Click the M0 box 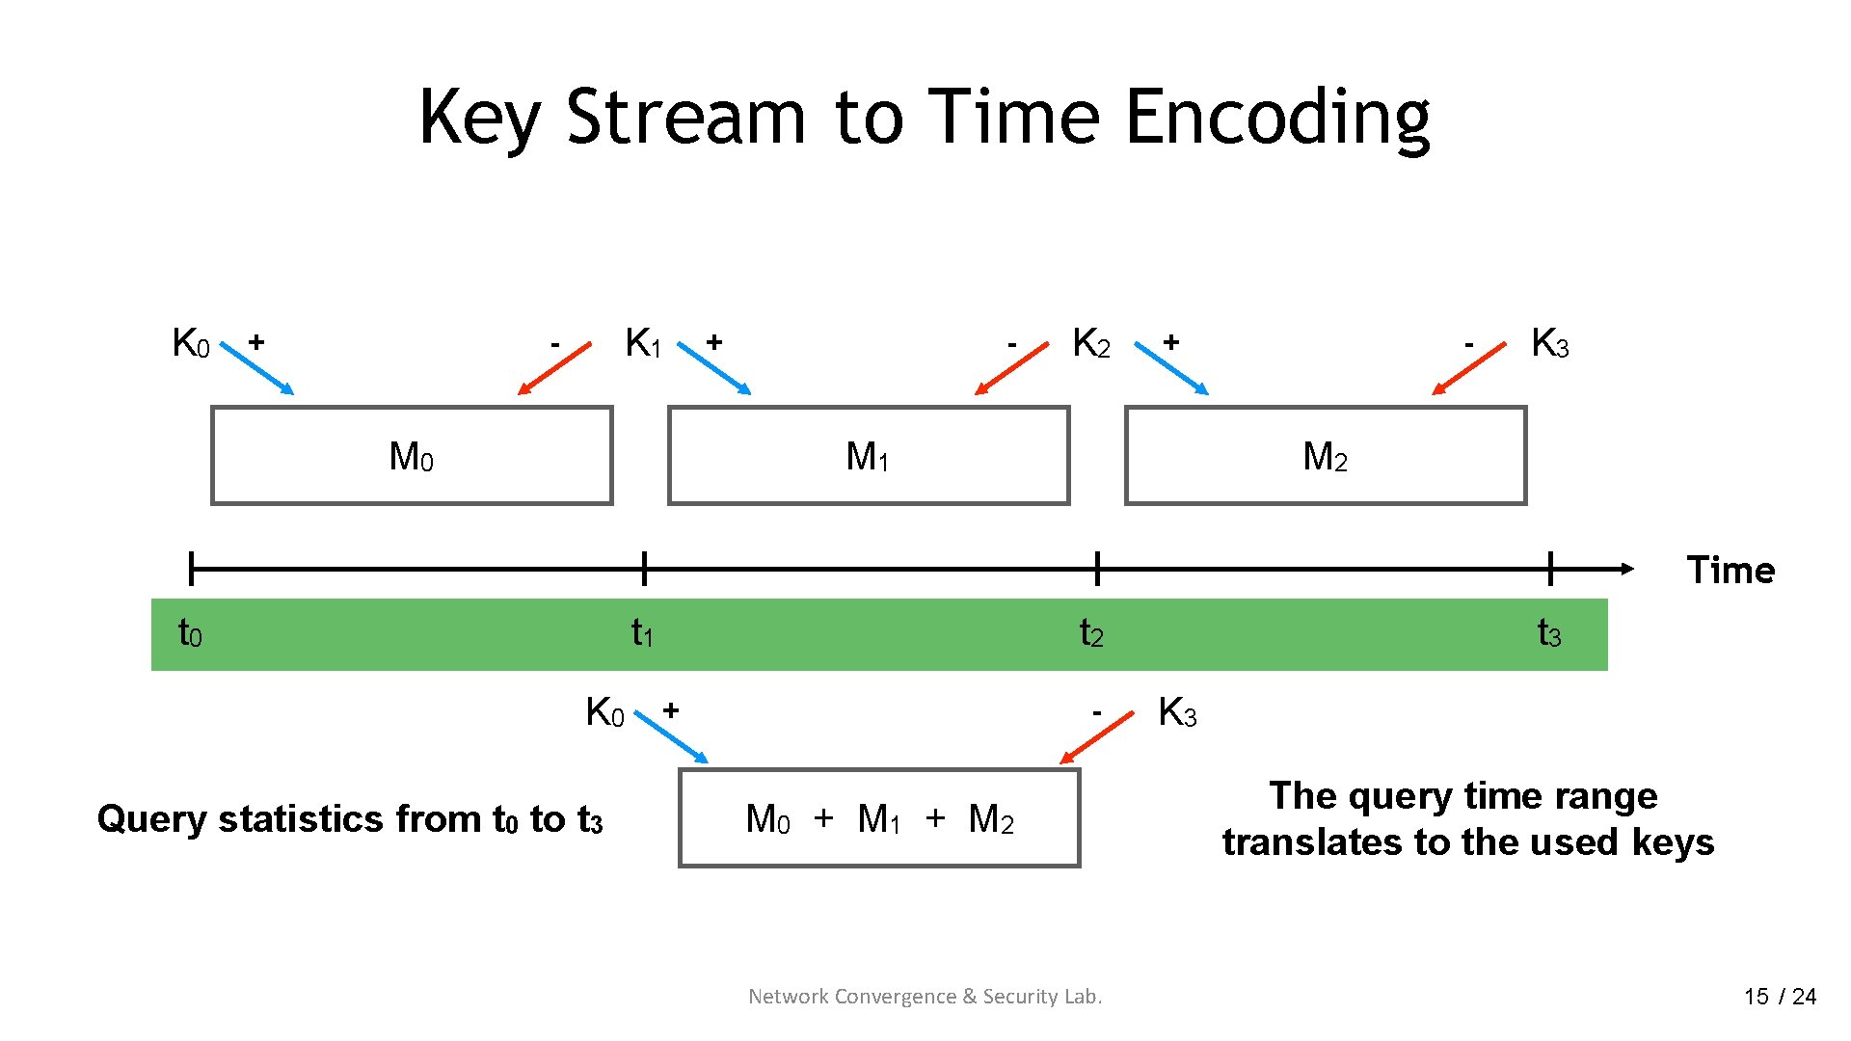(412, 456)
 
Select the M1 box (869, 456)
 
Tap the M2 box (1326, 456)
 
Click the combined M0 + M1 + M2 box (879, 818)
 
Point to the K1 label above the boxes (643, 343)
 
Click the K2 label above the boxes (1091, 343)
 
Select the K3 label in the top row (1549, 343)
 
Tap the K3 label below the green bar (1177, 713)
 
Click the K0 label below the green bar (605, 713)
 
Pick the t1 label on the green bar (642, 633)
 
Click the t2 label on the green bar (1091, 633)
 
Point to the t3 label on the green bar (1548, 633)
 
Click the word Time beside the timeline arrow (1730, 570)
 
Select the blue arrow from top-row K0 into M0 (258, 368)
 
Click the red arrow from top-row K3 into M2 (1468, 368)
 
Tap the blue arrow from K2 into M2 (1171, 368)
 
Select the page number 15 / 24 (1780, 997)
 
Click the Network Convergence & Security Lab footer (925, 997)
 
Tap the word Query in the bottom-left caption (152, 819)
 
